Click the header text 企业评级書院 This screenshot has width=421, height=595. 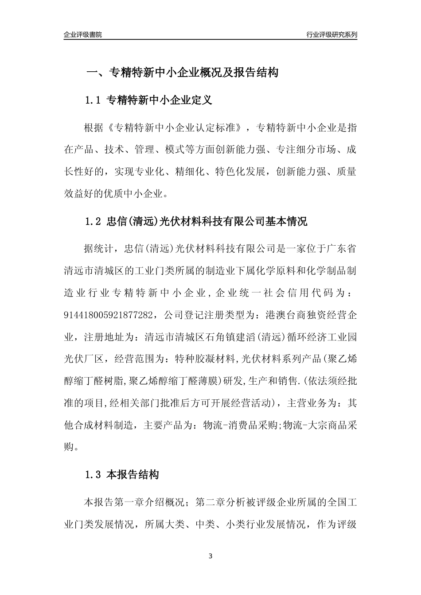coord(83,35)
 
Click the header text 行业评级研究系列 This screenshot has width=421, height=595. coord(331,35)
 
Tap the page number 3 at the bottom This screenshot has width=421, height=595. coord(210,556)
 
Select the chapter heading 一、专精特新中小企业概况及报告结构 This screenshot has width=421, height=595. coord(182,73)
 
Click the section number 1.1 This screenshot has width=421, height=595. coord(94,100)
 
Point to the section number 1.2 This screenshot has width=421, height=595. coord(94,221)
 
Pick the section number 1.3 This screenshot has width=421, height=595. coord(94,475)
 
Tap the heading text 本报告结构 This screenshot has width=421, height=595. coord(133,475)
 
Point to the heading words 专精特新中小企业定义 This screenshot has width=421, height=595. coord(160,100)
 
